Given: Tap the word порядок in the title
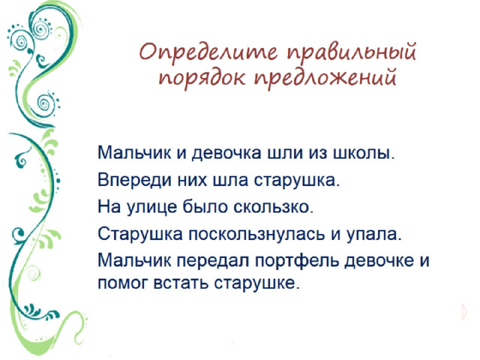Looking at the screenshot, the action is pos(202,77).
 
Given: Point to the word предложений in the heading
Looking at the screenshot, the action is pos(325,77).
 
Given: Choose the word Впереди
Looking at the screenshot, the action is pos(135,180).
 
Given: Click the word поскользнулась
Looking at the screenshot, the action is pos(256,234).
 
